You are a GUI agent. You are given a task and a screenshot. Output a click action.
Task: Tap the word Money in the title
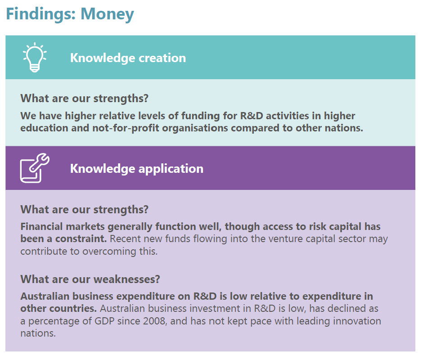(108, 14)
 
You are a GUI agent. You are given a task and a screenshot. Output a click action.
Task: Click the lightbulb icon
(35, 57)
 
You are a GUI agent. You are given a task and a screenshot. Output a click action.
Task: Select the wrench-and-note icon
(35, 168)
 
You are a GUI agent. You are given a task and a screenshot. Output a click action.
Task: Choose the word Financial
(42, 226)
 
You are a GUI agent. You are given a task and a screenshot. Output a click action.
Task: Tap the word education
(45, 128)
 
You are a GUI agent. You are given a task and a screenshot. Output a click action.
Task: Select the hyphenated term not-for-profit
(126, 128)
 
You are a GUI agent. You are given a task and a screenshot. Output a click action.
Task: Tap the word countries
(71, 308)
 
